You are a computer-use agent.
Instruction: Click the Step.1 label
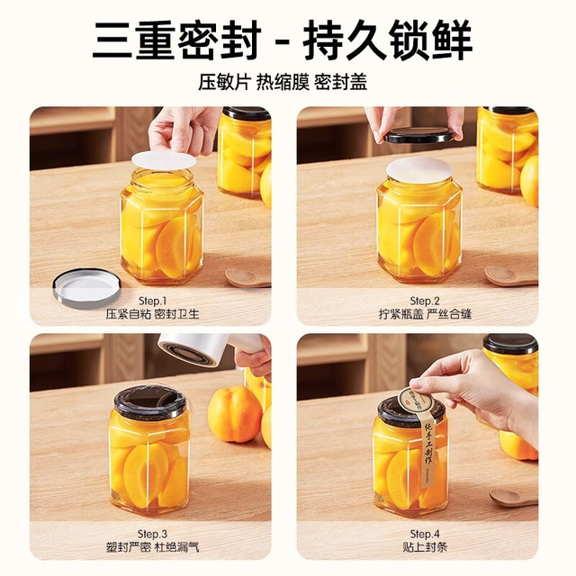point(152,301)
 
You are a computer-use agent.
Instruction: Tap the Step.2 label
point(425,301)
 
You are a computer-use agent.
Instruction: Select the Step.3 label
point(152,534)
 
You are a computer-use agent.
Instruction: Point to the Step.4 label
point(425,534)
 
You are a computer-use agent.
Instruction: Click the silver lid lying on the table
point(86,287)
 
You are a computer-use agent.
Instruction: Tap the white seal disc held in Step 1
point(164,160)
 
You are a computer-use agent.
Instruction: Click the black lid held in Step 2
point(418,135)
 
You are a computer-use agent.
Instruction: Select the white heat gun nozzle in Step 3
point(194,350)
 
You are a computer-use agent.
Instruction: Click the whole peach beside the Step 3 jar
point(235,414)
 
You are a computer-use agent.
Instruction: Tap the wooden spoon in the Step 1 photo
point(247,278)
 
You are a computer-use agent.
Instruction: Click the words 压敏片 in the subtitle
point(224,82)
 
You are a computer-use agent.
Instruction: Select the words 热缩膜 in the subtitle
point(283,82)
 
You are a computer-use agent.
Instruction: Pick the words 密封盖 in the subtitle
point(340,82)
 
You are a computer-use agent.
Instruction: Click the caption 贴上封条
point(425,548)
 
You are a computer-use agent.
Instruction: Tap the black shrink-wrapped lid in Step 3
point(150,402)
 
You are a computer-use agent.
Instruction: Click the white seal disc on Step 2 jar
point(418,170)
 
